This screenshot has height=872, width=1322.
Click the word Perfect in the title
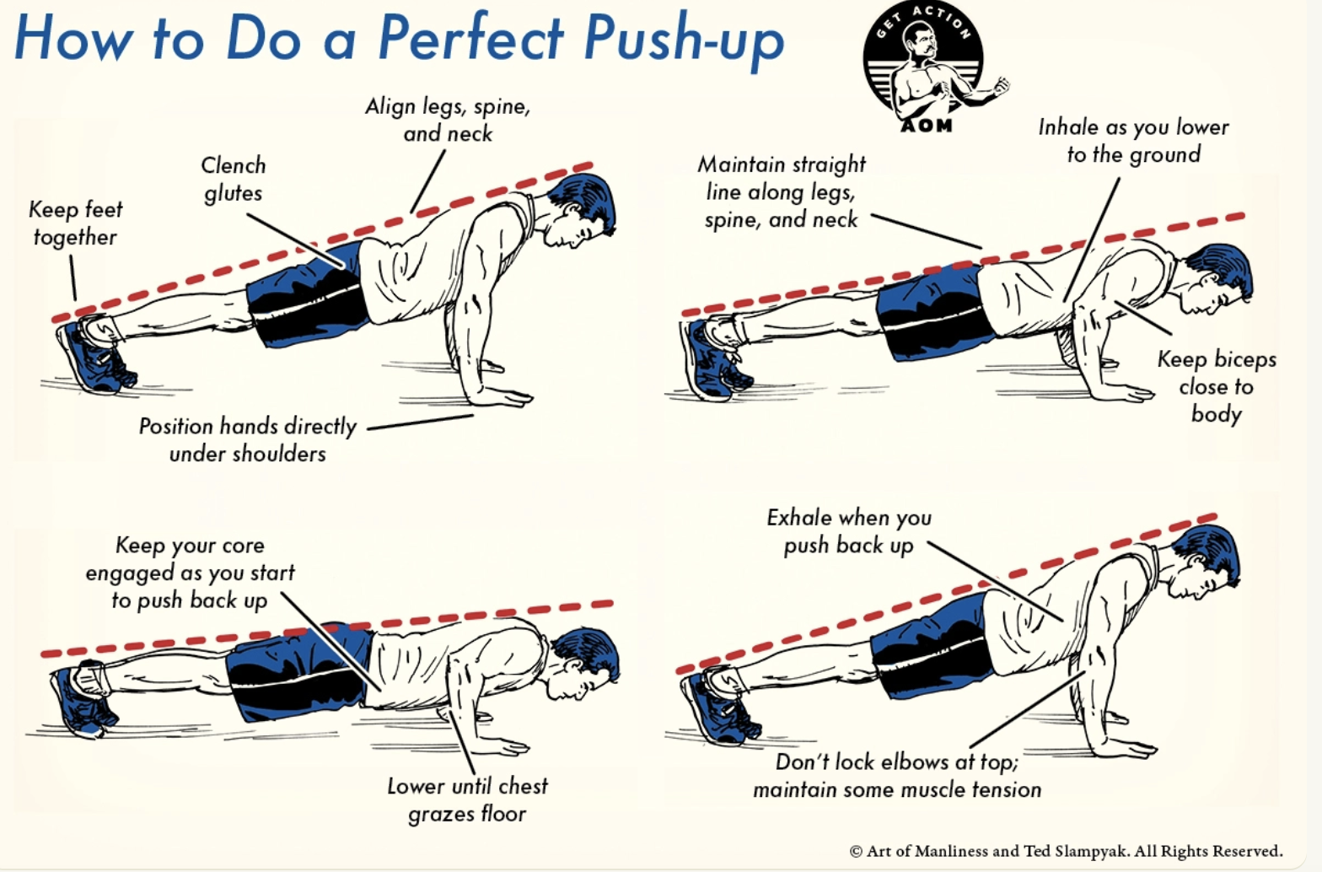(471, 36)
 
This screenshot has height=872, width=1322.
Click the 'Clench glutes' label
(233, 179)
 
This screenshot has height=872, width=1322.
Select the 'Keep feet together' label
(76, 223)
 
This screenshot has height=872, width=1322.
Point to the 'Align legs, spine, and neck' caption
(448, 120)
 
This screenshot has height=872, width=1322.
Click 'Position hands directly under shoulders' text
(247, 440)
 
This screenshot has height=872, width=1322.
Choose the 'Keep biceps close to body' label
(1217, 386)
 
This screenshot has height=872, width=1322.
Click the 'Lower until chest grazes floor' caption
(467, 799)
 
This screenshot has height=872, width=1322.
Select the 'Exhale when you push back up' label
(849, 530)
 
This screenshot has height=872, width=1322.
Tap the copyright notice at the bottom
(1066, 851)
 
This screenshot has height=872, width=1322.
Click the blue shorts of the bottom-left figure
(299, 671)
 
